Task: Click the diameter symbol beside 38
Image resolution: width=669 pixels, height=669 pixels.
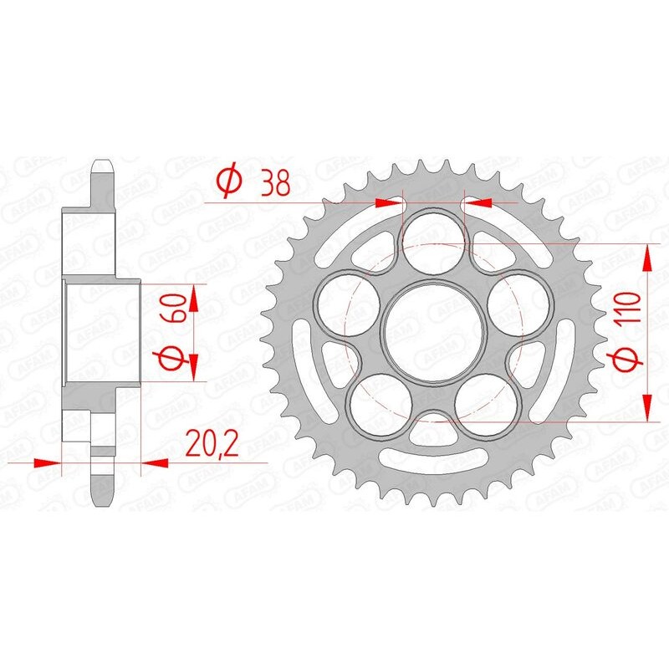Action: pos(229,181)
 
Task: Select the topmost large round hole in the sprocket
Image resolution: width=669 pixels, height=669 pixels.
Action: pos(433,237)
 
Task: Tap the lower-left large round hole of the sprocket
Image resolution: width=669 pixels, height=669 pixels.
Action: pos(375,401)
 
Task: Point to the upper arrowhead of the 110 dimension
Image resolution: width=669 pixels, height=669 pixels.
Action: pos(647,258)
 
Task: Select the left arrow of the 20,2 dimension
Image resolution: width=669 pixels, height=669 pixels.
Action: pos(47,461)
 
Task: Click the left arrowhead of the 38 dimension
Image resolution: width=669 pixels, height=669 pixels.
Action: pos(389,202)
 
